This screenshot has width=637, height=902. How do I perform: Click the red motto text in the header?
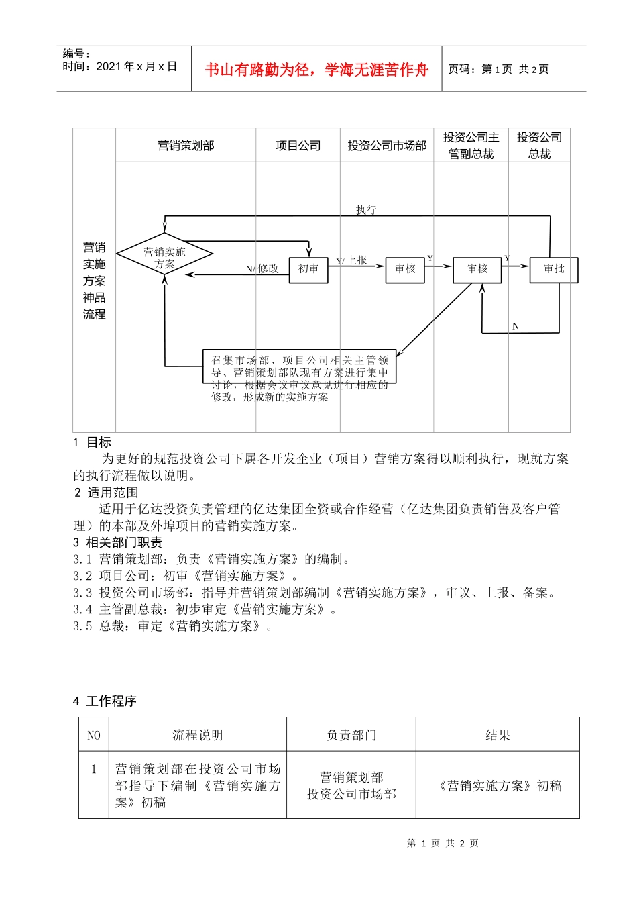point(316,70)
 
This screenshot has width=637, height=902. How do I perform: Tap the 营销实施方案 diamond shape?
point(164,255)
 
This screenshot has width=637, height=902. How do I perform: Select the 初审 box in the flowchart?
point(308,269)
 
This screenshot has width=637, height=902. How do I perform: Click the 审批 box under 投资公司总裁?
point(553,269)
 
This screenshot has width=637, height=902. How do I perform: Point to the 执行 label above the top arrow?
point(366,210)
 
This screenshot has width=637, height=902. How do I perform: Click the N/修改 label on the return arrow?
point(262,268)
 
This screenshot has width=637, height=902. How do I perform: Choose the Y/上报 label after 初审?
point(352,260)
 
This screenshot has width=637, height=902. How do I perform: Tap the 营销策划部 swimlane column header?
point(186,146)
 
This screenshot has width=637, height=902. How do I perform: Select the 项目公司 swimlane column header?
point(298,146)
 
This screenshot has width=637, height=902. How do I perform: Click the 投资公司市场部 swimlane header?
point(387,146)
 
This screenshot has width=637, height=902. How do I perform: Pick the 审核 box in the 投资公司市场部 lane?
point(405,269)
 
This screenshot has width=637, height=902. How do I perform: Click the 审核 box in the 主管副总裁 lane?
point(477,269)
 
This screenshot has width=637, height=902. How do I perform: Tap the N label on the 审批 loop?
point(516,326)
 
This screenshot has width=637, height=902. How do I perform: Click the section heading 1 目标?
point(93,442)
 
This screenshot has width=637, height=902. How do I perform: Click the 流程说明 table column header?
point(197,735)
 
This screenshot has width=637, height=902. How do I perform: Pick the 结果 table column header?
point(498,735)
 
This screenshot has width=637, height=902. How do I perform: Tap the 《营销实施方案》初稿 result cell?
point(498,785)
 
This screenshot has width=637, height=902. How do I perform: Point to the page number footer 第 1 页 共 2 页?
point(443,843)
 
